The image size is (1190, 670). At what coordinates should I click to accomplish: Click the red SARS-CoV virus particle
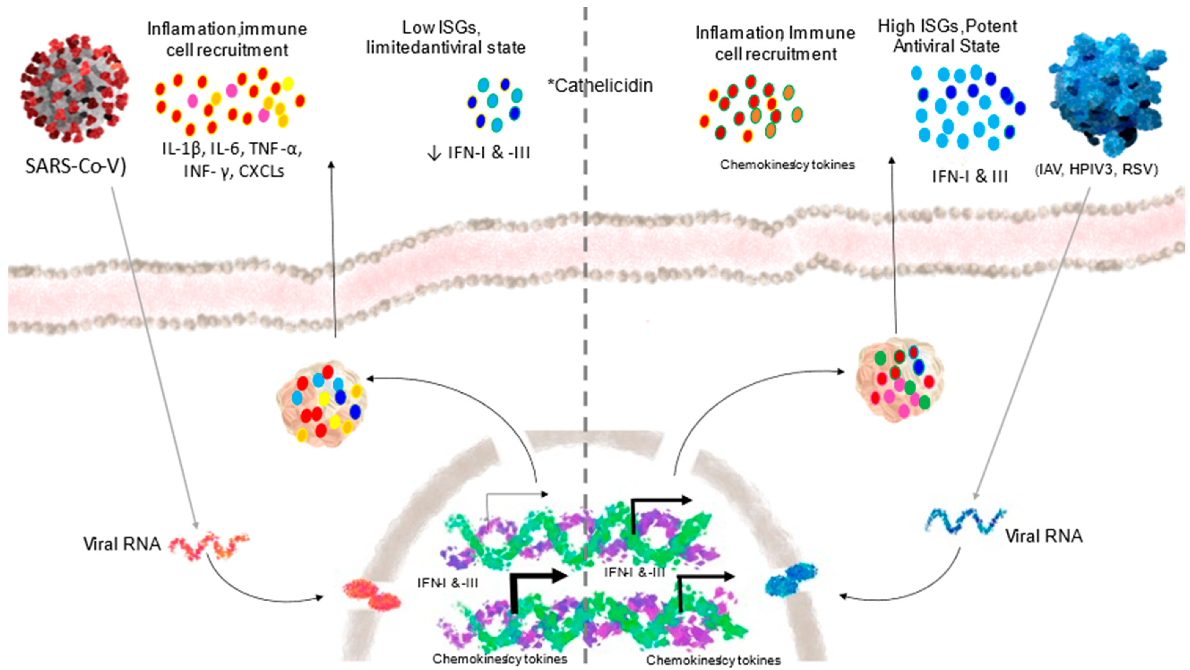point(74,88)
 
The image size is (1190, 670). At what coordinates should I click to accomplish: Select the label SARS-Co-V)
point(75,166)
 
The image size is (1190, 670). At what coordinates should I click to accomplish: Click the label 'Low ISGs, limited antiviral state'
point(446,38)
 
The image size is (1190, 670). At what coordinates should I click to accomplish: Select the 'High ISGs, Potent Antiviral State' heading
point(947,36)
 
